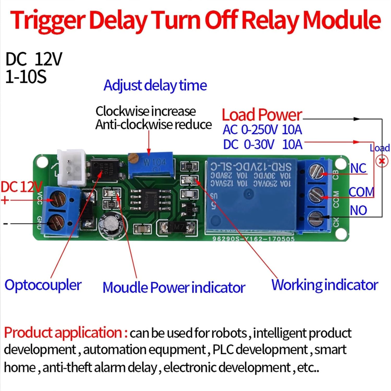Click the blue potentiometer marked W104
(x=151, y=166)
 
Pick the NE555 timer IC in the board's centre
(x=151, y=199)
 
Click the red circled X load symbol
(x=382, y=161)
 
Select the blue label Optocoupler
(x=43, y=285)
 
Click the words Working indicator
(x=324, y=285)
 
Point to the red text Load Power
(x=262, y=115)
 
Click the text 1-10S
(x=26, y=77)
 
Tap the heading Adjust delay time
(x=155, y=85)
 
